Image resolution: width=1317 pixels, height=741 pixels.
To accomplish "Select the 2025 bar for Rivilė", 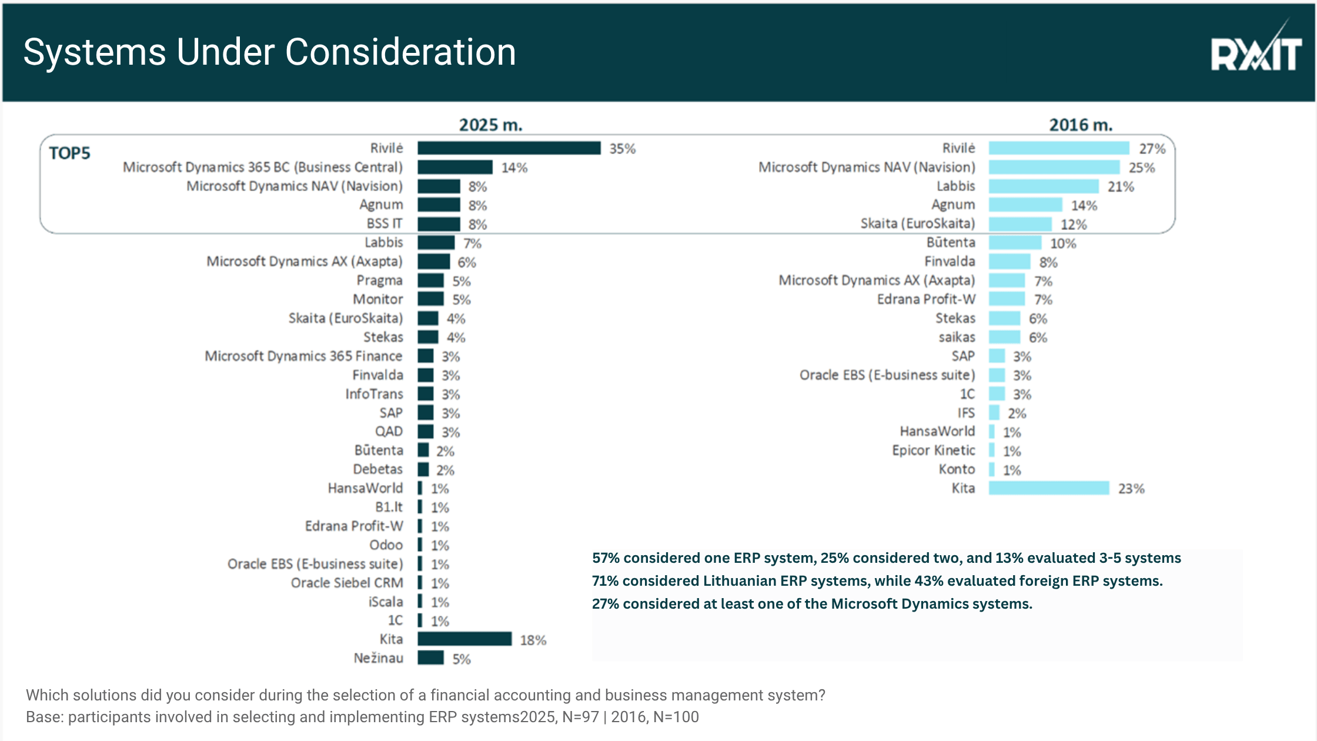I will coord(509,148).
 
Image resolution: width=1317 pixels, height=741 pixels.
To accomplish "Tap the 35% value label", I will coord(622,149).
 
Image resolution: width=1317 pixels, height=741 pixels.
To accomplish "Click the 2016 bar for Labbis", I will coord(1043,186).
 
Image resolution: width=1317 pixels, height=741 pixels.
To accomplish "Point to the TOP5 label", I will coord(69,153).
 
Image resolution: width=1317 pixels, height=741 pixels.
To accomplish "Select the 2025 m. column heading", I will coord(490,125).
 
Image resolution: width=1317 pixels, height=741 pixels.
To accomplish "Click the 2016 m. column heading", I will coord(1081,125).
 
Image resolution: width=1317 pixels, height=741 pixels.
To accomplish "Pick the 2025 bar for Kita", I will coord(464,639).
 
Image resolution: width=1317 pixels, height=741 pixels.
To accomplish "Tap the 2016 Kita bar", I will coord(1048,488).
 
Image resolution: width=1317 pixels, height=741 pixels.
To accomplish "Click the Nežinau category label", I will coord(378,658).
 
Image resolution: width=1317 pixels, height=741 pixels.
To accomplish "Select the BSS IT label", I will coord(385,223).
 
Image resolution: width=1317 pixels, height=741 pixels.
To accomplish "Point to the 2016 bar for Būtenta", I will coord(1015,243).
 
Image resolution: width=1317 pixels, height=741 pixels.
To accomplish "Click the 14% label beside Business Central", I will coord(514,168).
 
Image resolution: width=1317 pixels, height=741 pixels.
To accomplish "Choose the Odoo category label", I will coord(386,545).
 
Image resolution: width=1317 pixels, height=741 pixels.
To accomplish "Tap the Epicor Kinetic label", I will coord(933,450).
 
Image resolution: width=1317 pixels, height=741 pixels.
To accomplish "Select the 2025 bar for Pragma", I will coord(430,281).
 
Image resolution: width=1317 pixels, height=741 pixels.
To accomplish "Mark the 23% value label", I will coord(1131,489).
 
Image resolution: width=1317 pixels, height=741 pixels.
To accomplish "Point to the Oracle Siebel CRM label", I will coord(347,583).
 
